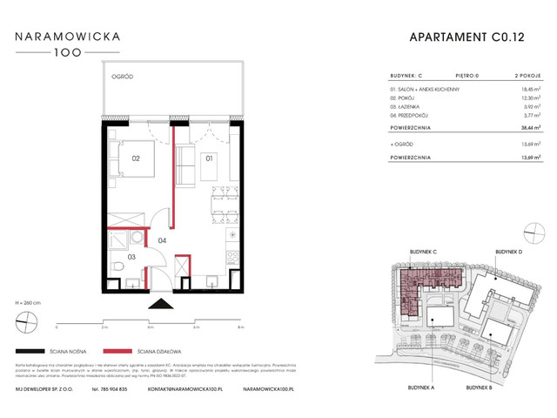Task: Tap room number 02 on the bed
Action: [136, 159]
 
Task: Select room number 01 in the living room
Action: [209, 159]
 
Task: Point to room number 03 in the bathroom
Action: [132, 257]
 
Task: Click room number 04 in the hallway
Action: [162, 240]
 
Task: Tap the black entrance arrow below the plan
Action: [162, 304]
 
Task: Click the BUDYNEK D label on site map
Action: [510, 252]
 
